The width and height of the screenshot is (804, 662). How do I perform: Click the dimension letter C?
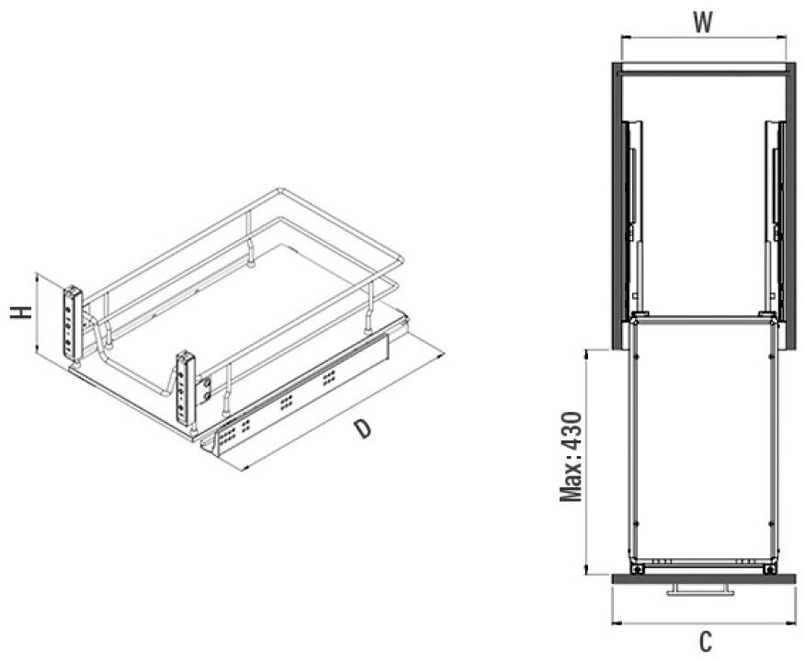coord(706,642)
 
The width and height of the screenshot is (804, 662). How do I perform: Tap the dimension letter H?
coord(21,313)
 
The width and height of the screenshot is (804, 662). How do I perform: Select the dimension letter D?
coord(363,428)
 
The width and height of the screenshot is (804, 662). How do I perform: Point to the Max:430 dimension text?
coord(572,457)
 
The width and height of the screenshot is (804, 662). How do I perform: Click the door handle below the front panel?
coord(700,589)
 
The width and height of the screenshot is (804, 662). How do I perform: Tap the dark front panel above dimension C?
coord(704,578)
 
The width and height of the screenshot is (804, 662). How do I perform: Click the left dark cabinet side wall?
coord(617,205)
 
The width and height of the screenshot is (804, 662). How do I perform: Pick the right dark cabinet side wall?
coord(790,205)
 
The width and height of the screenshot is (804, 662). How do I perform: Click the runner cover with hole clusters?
coord(302,394)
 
